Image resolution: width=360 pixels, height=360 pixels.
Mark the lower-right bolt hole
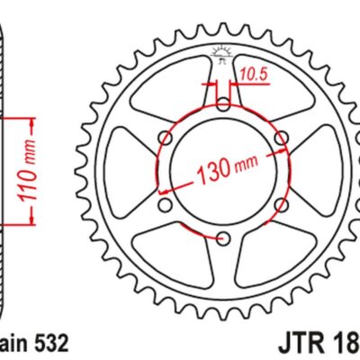point(281,206)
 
